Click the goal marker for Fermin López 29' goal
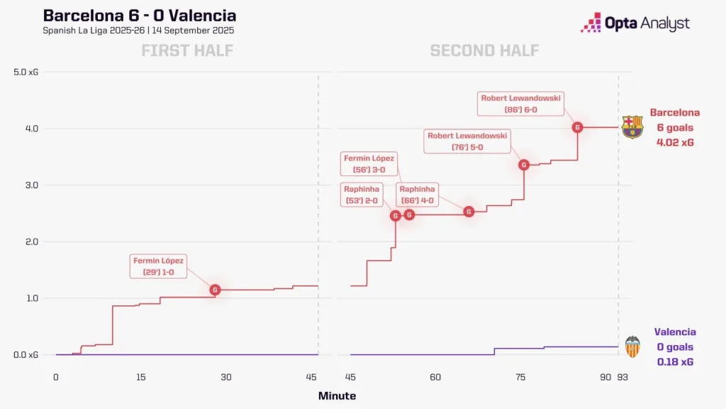pos(215,290)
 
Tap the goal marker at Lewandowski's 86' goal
pos(577,128)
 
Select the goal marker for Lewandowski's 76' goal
pos(524,165)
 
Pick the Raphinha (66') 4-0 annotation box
pos(418,195)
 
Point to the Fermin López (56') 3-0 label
pos(369,164)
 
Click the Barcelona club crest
pos(632,127)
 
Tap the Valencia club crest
pos(632,347)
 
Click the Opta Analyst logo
pos(635,23)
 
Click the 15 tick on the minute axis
pos(140,376)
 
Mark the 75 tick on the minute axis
pos(520,376)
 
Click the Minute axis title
pos(337,396)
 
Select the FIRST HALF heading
pos(187,50)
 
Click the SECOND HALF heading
pos(484,50)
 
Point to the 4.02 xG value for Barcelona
pos(674,142)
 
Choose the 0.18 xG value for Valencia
pos(674,362)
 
